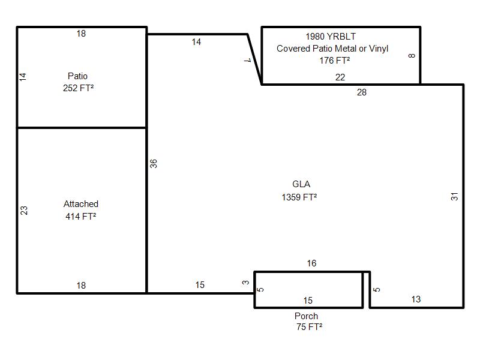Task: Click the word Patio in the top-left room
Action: coord(77,76)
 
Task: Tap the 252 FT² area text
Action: coord(79,88)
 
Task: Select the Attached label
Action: coord(81,204)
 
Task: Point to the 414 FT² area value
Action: coord(81,217)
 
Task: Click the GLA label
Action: coord(301,184)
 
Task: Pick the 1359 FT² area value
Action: coord(299,197)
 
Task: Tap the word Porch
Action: coord(306,316)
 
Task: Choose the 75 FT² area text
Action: coord(309,327)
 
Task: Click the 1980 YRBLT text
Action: coord(331,37)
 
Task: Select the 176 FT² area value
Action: coord(335,61)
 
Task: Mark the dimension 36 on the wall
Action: coord(154,163)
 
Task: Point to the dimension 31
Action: coord(455,197)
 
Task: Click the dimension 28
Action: coord(362,92)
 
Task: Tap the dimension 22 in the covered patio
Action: coord(340,77)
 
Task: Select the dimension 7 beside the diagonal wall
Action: coord(248,61)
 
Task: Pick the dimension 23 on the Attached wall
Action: coord(24,211)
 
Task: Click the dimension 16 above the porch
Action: coord(311,263)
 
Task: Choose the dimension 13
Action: coord(416,299)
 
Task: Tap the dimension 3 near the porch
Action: coord(245,282)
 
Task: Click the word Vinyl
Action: coord(379,49)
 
